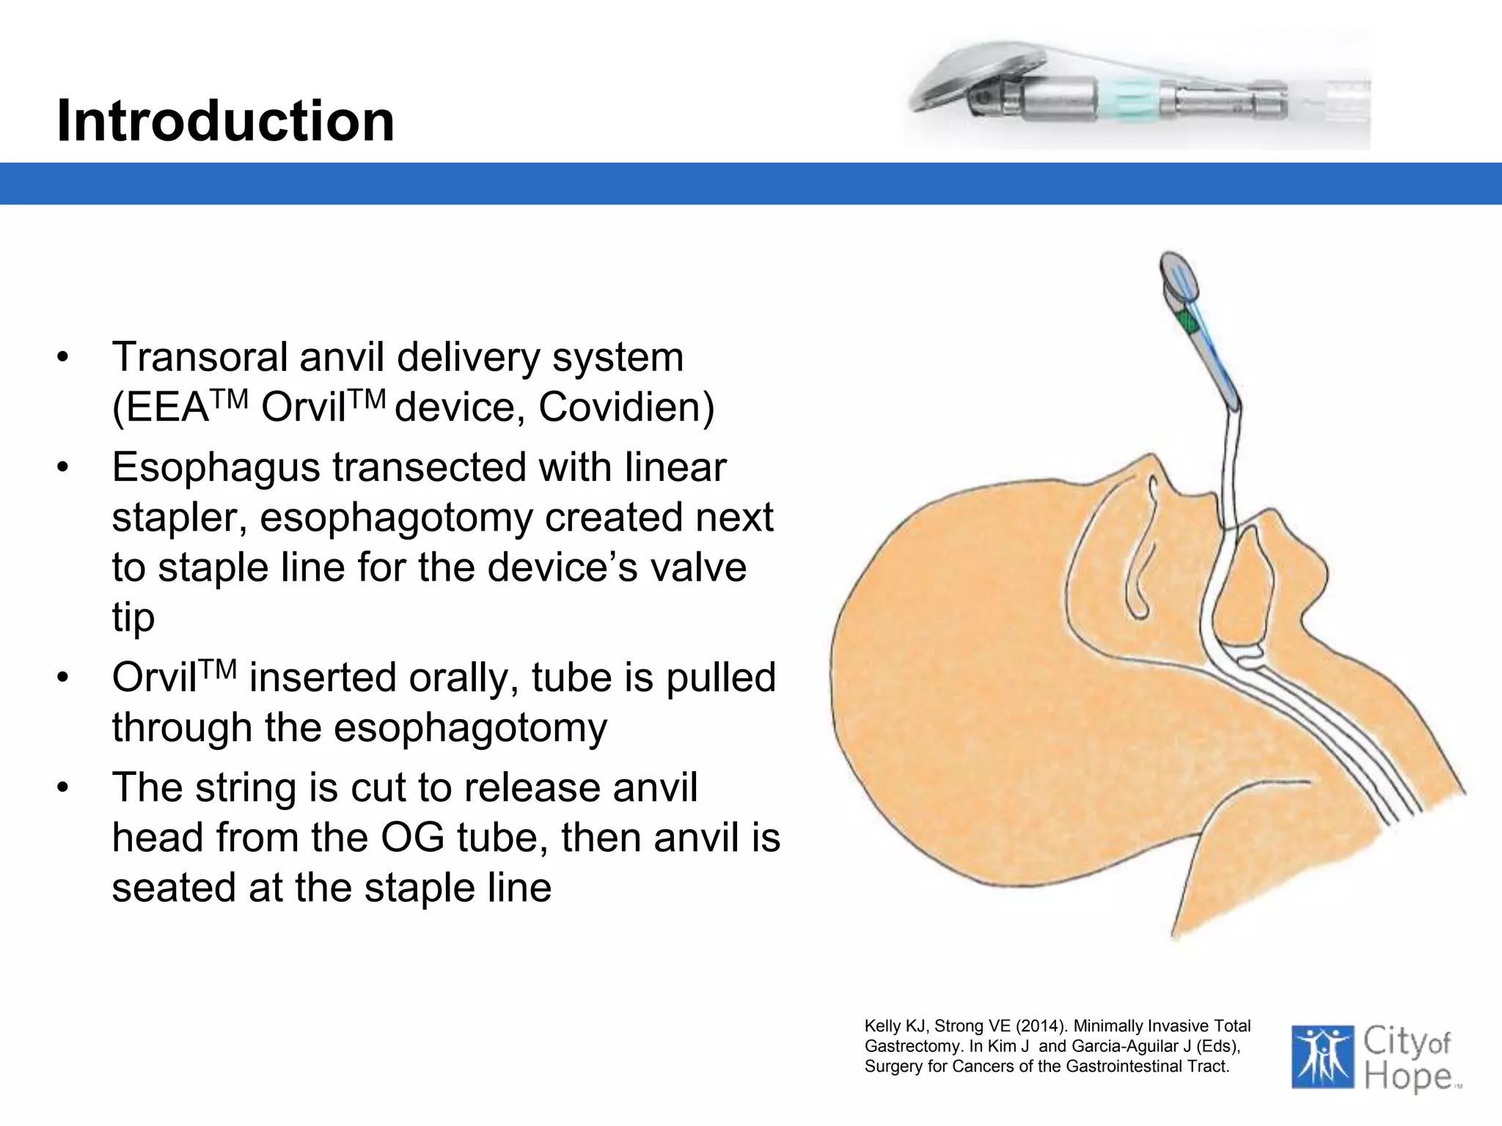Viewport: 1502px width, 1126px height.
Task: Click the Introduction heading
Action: [225, 121]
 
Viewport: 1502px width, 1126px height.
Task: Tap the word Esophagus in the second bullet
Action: [216, 468]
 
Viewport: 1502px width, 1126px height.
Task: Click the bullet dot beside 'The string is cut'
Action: [63, 788]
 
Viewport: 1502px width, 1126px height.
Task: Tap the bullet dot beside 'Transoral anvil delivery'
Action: [63, 358]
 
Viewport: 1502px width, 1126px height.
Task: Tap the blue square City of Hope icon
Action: [1322, 1056]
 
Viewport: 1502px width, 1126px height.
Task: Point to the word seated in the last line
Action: [174, 888]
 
